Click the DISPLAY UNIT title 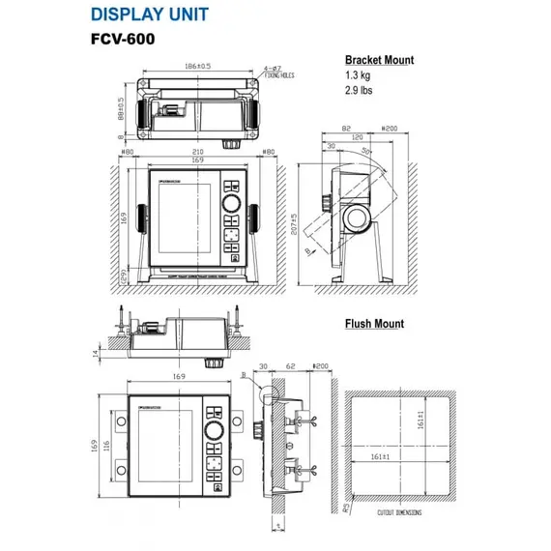[150, 14]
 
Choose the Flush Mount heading [374, 324]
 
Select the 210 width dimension [197, 151]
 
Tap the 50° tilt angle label [365, 152]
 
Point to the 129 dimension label [123, 278]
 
